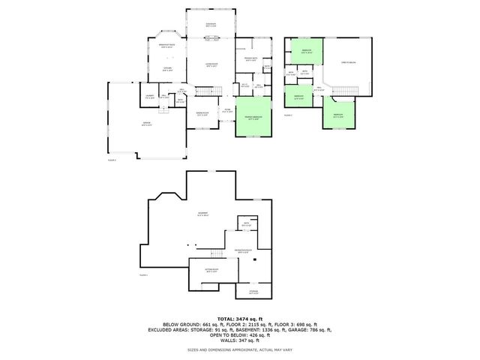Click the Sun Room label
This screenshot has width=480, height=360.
coord(211,25)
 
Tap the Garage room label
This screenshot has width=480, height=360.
coord(148,125)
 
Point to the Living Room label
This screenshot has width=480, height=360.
coord(211,66)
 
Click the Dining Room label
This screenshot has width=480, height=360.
coord(202,114)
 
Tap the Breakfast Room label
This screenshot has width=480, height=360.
coord(167,46)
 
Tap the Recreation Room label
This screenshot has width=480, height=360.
coord(244,250)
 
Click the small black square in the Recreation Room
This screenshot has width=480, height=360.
coord(256,259)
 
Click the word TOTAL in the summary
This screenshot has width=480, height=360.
coord(225,318)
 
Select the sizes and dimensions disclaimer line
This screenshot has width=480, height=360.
coord(240,349)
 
